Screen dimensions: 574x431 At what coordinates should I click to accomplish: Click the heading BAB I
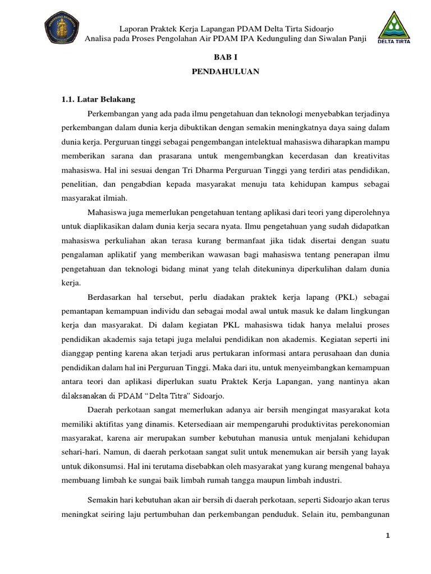coord(227,57)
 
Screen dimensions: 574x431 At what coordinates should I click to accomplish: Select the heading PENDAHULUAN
coord(227,72)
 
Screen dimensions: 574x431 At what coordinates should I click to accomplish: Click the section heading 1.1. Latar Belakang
coord(98,99)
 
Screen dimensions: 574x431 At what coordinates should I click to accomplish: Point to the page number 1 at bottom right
coord(387,536)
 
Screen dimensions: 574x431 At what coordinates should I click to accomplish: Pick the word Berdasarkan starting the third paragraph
coord(113,297)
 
